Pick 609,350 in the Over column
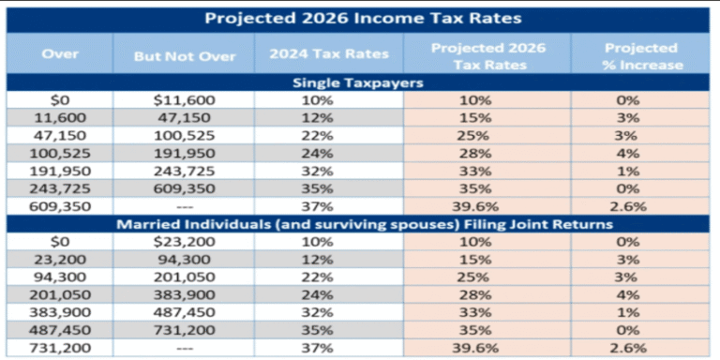[x=60, y=205]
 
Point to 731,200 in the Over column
[x=60, y=348]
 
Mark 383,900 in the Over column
[x=60, y=312]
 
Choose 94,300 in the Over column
[x=60, y=277]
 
